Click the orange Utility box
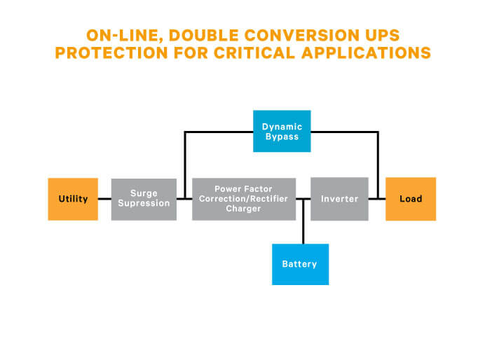click(x=73, y=199)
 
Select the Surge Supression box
click(x=144, y=199)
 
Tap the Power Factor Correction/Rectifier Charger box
click(x=243, y=199)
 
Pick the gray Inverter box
click(x=339, y=199)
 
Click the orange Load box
click(x=411, y=199)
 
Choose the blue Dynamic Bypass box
click(x=281, y=132)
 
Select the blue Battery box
click(x=299, y=264)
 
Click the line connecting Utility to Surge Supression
click(x=104, y=199)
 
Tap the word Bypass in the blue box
click(x=282, y=137)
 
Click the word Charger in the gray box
click(x=243, y=209)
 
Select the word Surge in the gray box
click(x=144, y=193)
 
